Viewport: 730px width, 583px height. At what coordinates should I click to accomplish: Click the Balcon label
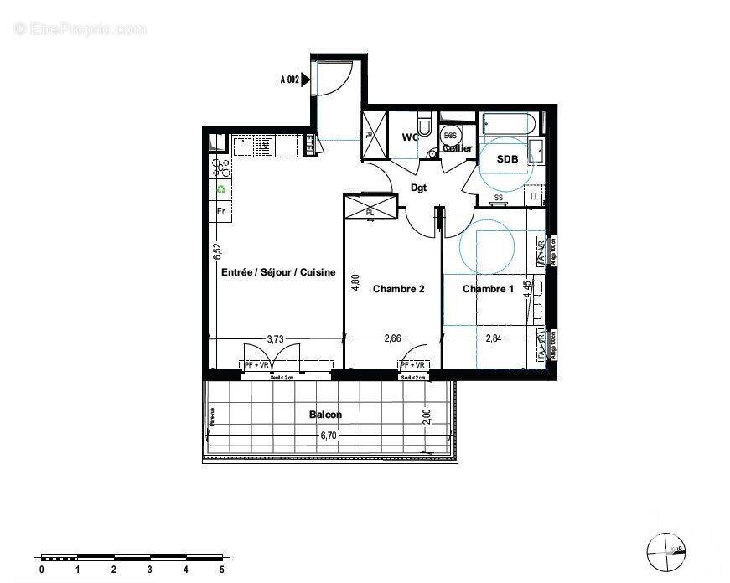[x=325, y=415]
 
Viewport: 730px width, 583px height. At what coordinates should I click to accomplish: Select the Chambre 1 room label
[x=489, y=289]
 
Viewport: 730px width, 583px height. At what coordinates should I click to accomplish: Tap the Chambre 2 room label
[x=398, y=289]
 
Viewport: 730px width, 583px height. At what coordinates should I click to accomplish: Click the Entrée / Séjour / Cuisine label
[x=278, y=272]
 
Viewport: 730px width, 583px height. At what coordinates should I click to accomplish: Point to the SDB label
[x=507, y=158]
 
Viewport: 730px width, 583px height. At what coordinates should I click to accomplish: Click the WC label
[x=410, y=137]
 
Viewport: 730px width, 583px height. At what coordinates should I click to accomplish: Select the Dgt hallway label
[x=418, y=188]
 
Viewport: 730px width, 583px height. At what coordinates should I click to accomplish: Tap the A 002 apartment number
[x=289, y=80]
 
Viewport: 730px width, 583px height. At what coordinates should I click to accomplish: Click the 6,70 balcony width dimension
[x=331, y=435]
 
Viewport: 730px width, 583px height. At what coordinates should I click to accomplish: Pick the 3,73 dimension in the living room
[x=274, y=338]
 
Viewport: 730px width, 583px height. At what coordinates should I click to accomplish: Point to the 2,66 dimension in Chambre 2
[x=392, y=338]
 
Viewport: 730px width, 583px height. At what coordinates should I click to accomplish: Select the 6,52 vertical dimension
[x=216, y=252]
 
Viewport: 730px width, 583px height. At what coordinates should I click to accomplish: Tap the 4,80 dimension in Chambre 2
[x=355, y=283]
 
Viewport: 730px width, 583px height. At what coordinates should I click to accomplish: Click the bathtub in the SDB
[x=508, y=124]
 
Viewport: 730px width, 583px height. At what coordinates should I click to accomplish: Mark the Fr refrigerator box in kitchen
[x=221, y=211]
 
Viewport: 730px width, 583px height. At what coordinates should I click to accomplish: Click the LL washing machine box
[x=534, y=196]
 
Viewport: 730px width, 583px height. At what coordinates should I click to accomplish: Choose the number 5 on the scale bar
[x=222, y=570]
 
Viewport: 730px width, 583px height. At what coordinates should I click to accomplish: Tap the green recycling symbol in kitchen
[x=221, y=189]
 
